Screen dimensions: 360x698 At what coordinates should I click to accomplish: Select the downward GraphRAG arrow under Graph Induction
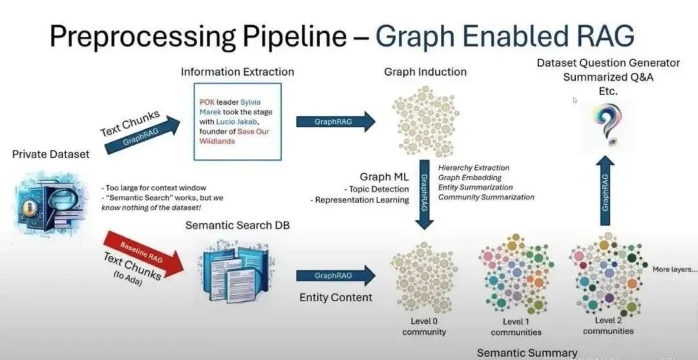(425, 194)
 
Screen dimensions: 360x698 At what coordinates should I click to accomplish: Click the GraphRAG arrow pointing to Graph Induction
(335, 121)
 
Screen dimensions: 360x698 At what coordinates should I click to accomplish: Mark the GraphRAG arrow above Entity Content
(335, 275)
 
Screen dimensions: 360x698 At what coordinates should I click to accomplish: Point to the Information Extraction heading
(237, 72)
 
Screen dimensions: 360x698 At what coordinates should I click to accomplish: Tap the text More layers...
(675, 269)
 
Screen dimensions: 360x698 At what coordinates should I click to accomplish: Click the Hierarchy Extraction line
(473, 168)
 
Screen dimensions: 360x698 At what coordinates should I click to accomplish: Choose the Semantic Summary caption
(527, 352)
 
